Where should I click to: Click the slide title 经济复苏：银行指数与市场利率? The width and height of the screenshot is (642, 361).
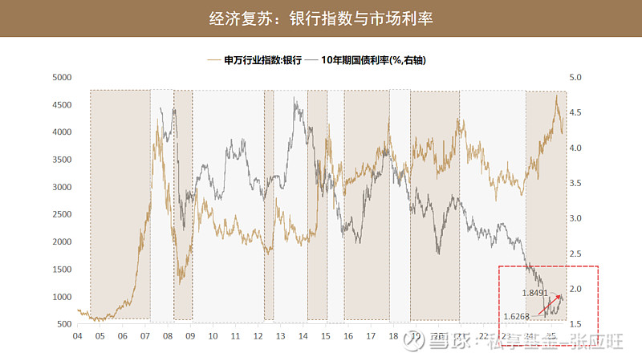tap(320, 18)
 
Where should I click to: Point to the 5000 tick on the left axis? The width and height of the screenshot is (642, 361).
tap(62, 78)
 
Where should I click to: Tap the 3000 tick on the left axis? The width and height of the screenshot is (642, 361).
tap(62, 188)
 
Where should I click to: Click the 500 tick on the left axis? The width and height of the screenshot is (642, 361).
tap(64, 324)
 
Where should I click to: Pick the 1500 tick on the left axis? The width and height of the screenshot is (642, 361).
tap(62, 270)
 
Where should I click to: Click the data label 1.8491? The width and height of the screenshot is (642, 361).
tap(534, 293)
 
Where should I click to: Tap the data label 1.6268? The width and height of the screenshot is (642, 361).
tap(518, 315)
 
